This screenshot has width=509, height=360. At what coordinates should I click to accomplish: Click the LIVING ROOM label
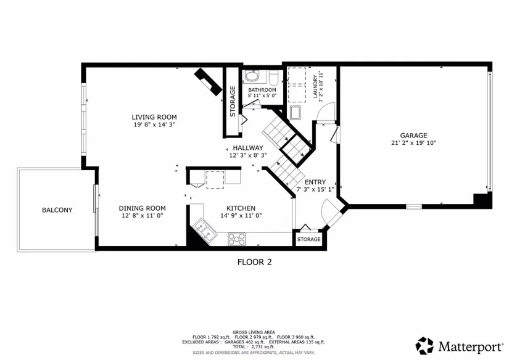pyautogui.click(x=154, y=117)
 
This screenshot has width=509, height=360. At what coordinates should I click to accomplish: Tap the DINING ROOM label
pyautogui.click(x=142, y=208)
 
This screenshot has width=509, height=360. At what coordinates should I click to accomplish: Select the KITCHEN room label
pyautogui.click(x=241, y=208)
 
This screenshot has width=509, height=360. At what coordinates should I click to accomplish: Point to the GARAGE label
pyautogui.click(x=413, y=136)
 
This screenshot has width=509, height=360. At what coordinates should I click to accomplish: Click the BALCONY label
pyautogui.click(x=57, y=210)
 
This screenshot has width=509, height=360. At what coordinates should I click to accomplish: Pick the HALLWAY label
pyautogui.click(x=248, y=148)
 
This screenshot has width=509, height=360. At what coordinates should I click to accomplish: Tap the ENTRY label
pyautogui.click(x=315, y=182)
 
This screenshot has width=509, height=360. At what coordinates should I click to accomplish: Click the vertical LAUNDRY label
pyautogui.click(x=315, y=86)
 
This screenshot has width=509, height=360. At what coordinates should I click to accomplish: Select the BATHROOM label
pyautogui.click(x=262, y=90)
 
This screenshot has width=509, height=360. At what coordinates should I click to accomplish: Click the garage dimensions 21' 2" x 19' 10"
pyautogui.click(x=414, y=142)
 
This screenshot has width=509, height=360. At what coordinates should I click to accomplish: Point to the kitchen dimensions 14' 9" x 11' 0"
pyautogui.click(x=241, y=215)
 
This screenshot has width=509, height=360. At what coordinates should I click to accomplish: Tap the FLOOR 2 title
pyautogui.click(x=254, y=262)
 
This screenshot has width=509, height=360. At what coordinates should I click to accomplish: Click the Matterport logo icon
pyautogui.click(x=424, y=346)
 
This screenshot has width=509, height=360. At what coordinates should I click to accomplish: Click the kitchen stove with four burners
pyautogui.click(x=237, y=239)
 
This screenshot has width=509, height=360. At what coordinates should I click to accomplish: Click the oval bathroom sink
pyautogui.click(x=252, y=76)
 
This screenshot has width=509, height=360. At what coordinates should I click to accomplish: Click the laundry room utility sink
pyautogui.click(x=296, y=113)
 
